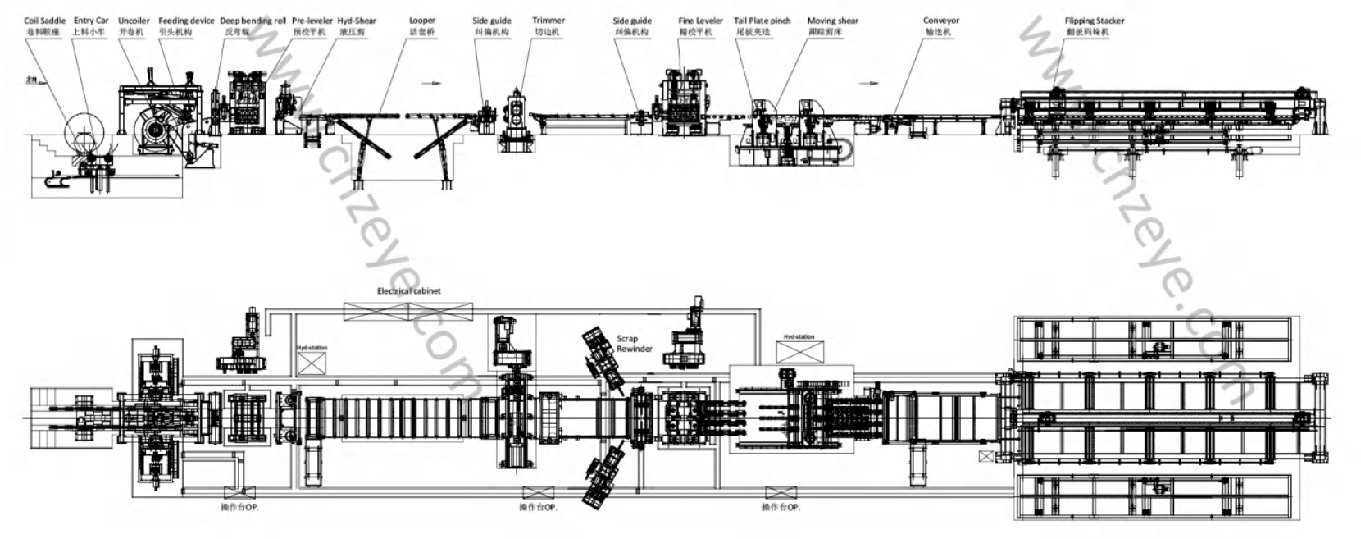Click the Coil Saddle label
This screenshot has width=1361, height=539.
(44, 21)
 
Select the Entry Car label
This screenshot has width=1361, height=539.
(90, 21)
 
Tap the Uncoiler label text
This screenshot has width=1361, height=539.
(134, 21)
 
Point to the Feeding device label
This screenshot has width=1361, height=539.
(186, 21)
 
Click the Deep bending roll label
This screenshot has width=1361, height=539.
(253, 21)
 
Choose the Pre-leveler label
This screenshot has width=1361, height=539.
(312, 21)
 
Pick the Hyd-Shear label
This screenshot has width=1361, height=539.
(357, 21)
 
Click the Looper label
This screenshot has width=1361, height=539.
(422, 21)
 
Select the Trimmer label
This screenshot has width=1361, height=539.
(548, 21)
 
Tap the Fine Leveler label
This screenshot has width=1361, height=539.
(700, 21)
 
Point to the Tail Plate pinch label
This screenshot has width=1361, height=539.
(762, 21)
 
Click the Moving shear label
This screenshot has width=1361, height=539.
(832, 21)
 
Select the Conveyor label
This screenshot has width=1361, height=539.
(940, 21)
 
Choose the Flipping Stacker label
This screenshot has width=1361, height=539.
(1095, 21)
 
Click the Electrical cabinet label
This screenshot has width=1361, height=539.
(408, 290)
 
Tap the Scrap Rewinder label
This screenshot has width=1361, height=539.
(634, 343)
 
